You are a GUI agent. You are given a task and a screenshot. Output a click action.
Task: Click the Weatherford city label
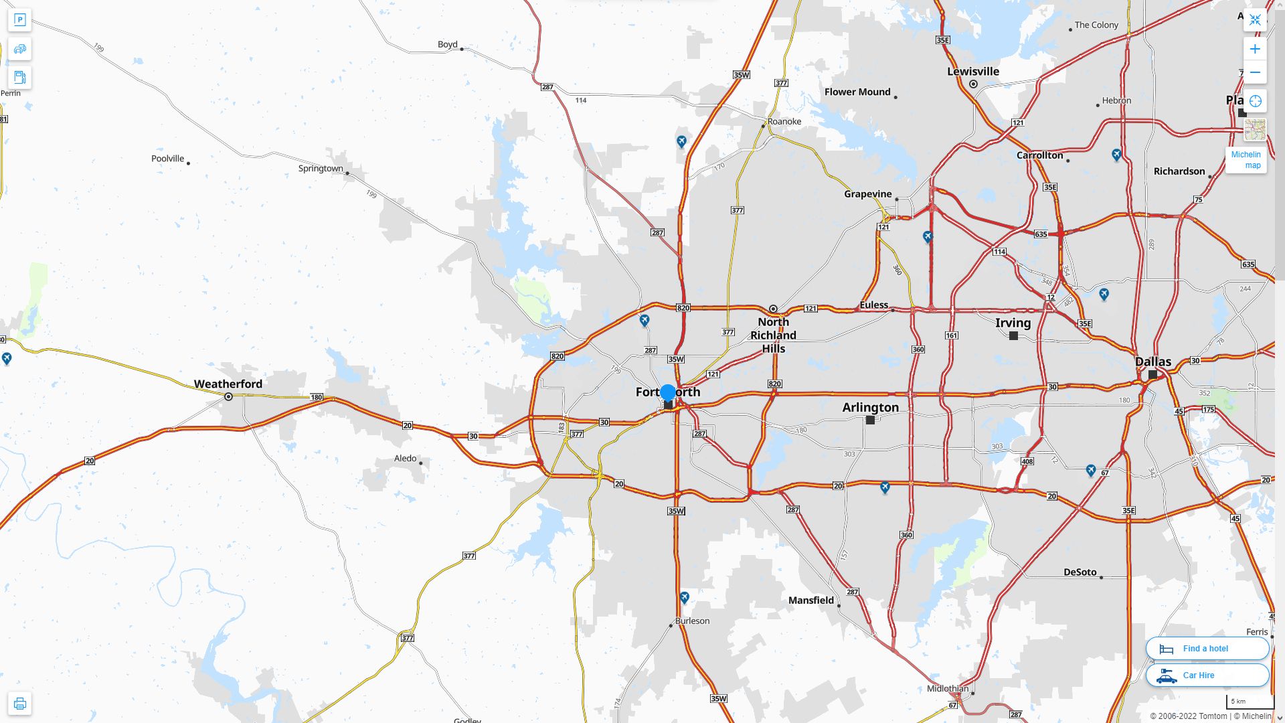pos(228,384)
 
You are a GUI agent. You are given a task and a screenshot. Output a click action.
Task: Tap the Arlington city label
pos(870,407)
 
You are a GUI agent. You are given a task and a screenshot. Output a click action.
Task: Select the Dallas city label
pos(1153,361)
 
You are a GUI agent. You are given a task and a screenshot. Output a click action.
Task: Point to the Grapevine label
pos(867,194)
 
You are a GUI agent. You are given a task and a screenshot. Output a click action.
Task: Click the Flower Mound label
pos(857,92)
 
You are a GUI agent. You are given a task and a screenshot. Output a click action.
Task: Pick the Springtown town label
pos(321,169)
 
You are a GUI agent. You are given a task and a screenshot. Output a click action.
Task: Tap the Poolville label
pos(167,159)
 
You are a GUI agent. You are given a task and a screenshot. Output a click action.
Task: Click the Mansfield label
pos(810,600)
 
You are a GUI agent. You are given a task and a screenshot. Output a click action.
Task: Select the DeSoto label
pos(1080,572)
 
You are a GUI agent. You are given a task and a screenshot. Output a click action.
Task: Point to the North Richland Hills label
pos(773,335)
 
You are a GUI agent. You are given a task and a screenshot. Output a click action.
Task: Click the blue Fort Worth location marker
pos(667,393)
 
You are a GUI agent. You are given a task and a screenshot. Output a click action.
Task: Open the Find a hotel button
pos(1207,648)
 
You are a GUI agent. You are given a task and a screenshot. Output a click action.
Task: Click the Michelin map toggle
pos(1246,159)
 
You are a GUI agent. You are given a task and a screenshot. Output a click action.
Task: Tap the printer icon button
pos(19,704)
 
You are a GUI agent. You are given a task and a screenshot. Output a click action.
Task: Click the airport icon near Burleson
pos(684,597)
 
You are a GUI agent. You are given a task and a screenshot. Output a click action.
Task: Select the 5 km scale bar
pos(1249,702)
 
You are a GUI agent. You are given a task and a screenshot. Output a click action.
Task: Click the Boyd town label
pos(447,44)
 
